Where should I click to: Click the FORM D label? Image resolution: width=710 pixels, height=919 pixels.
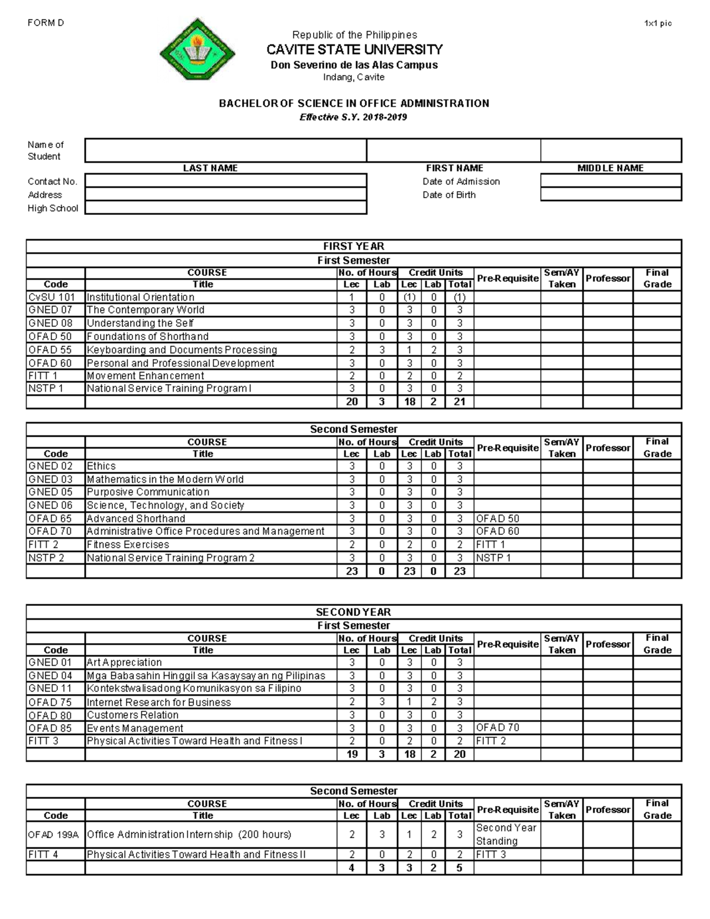click(46, 23)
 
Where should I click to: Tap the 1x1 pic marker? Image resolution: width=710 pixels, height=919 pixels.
click(658, 24)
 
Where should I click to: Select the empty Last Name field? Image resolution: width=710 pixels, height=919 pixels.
click(225, 150)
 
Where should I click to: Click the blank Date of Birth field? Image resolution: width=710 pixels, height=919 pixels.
click(611, 195)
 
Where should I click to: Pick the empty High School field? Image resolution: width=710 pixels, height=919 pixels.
click(225, 208)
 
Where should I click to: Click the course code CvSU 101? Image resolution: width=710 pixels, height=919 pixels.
click(51, 297)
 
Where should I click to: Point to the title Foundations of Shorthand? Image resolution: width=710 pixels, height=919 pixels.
click(147, 337)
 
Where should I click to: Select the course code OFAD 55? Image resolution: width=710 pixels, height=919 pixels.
click(50, 350)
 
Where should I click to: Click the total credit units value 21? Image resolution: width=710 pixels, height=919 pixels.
click(460, 402)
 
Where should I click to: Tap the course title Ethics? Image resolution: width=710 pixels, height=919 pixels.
click(101, 466)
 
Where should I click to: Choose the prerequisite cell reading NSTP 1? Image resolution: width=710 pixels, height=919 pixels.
click(493, 557)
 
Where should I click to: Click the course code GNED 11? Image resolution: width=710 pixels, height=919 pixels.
click(50, 688)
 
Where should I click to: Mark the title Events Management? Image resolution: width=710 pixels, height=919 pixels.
click(135, 728)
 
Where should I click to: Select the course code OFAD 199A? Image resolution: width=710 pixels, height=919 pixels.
click(53, 834)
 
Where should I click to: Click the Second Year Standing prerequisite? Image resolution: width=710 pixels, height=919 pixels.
click(506, 834)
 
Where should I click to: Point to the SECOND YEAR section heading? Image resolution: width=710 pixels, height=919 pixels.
click(353, 612)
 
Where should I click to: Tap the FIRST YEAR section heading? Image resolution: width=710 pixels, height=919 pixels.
click(353, 246)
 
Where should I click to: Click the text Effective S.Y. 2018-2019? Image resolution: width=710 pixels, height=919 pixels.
click(353, 117)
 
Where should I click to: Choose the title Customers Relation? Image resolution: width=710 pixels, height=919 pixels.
click(133, 715)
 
